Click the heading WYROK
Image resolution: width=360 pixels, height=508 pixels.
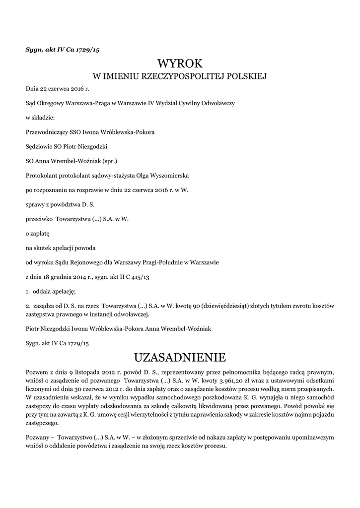(x=180, y=63)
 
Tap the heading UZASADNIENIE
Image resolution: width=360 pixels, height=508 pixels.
(x=180, y=357)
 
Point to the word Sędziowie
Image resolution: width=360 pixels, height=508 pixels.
(x=40, y=147)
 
